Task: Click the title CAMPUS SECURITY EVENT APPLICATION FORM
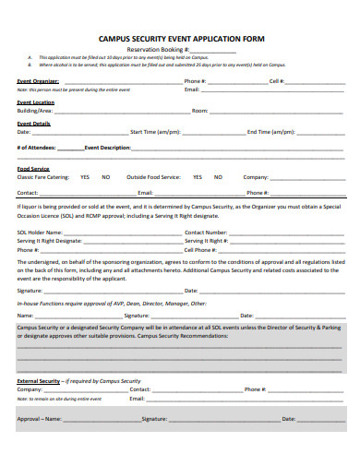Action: click(x=180, y=39)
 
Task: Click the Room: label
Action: click(x=199, y=110)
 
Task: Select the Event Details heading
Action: click(x=34, y=123)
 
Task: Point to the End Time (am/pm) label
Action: click(x=270, y=131)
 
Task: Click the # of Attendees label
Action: click(x=37, y=147)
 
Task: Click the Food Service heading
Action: click(x=33, y=168)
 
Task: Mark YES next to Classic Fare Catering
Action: click(x=85, y=176)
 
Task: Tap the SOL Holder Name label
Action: click(x=41, y=232)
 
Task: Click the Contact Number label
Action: click(x=206, y=232)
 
